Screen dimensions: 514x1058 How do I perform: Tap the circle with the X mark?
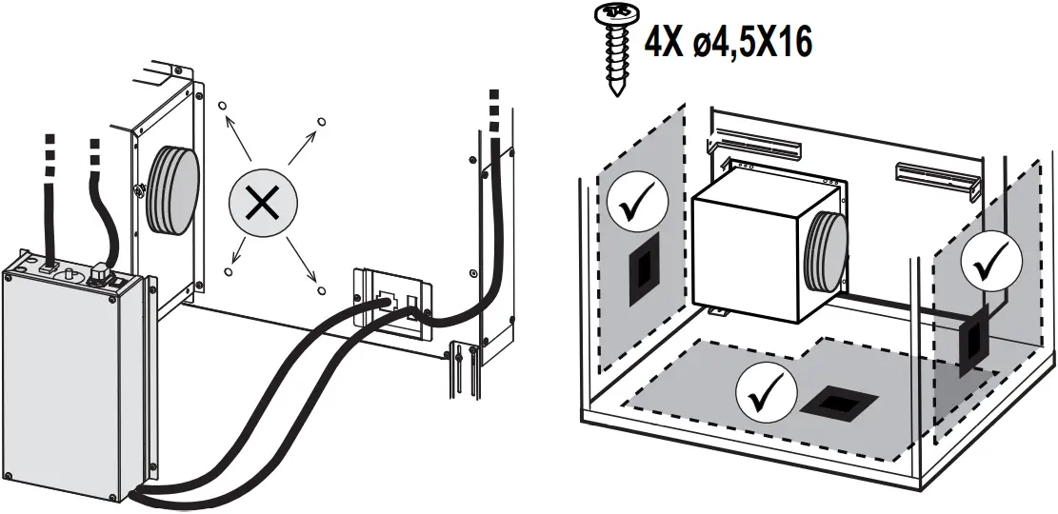click(x=263, y=204)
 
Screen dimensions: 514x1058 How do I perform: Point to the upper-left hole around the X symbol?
click(x=222, y=108)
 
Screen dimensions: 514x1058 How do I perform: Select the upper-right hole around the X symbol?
click(x=320, y=121)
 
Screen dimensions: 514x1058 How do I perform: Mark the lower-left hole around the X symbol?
click(x=228, y=271)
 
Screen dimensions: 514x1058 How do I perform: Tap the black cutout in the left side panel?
click(x=642, y=273)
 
